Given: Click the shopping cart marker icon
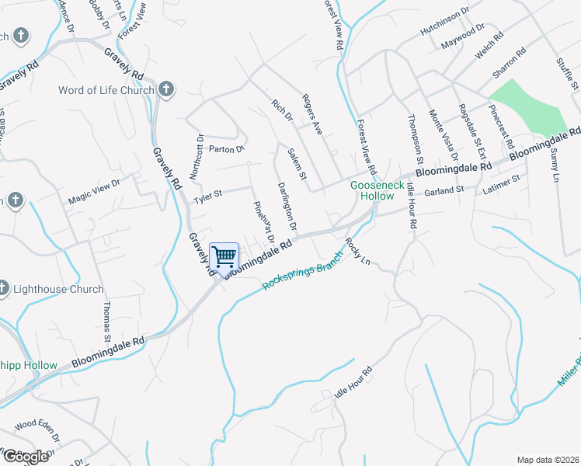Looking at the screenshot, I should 224,257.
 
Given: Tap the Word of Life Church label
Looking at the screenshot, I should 106,90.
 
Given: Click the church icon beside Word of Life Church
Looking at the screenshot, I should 165,90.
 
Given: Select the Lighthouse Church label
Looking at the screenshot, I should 58,289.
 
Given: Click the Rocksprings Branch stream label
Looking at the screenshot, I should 302,270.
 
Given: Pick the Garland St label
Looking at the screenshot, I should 444,189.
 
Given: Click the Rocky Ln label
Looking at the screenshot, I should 360,252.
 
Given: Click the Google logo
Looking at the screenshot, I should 26,456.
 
